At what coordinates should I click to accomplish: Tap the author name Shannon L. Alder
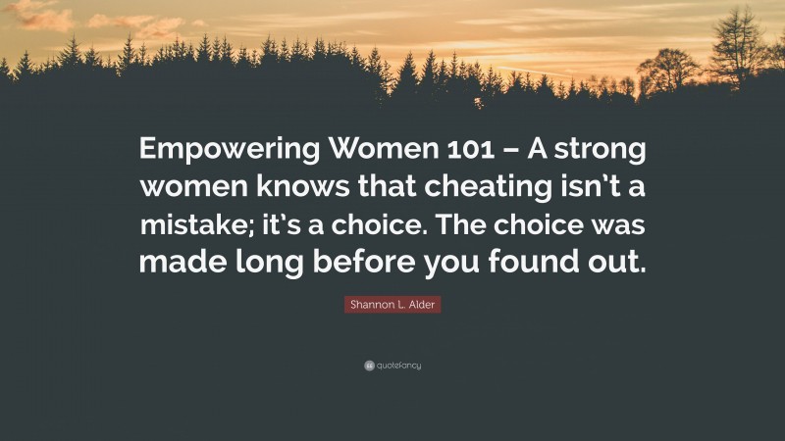coord(392,306)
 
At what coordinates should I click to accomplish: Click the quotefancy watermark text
coord(397,366)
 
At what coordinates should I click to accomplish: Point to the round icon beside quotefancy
coord(368,366)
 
